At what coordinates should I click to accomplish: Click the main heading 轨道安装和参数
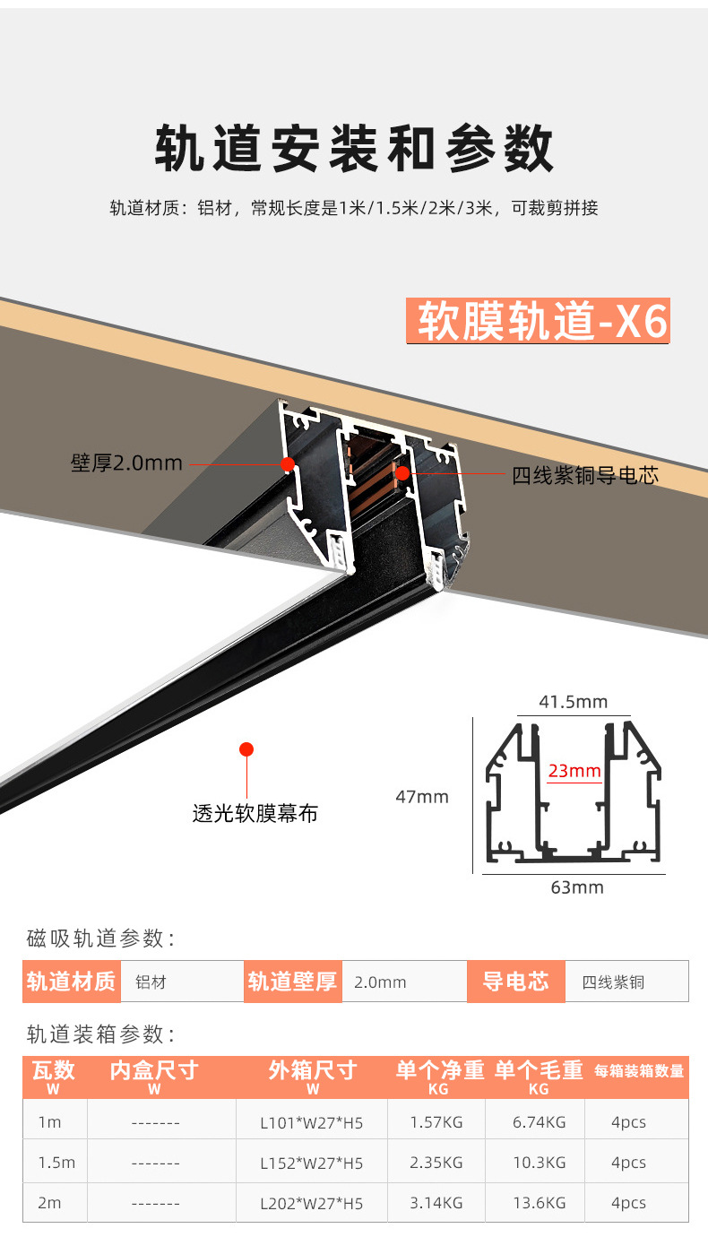(354, 148)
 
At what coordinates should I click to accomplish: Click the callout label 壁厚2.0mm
(126, 463)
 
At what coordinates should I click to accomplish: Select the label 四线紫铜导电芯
(585, 475)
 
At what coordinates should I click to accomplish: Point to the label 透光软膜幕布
(255, 814)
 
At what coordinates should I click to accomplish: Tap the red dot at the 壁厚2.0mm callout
(288, 463)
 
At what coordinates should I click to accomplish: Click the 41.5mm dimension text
(573, 702)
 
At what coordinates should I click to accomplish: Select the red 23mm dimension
(574, 770)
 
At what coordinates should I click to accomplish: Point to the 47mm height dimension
(422, 796)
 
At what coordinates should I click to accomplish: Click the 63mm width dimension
(577, 887)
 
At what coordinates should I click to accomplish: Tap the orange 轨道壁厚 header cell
(292, 982)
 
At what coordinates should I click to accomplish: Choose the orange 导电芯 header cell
(515, 982)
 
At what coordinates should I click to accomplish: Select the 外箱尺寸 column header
(312, 1070)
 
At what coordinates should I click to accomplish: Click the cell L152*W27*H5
(312, 1163)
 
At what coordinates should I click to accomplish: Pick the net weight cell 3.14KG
(436, 1203)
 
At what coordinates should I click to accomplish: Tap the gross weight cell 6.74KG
(538, 1122)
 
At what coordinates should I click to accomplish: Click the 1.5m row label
(56, 1163)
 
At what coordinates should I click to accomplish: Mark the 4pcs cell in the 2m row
(628, 1203)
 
